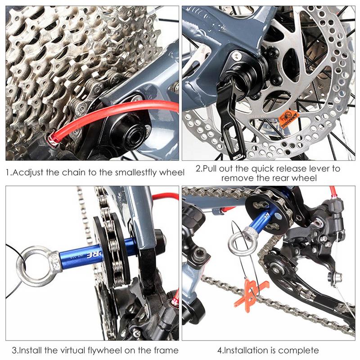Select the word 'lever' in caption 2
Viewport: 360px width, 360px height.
322,169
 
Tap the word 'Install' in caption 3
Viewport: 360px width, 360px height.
31,350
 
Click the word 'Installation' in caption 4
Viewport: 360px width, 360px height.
245,350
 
